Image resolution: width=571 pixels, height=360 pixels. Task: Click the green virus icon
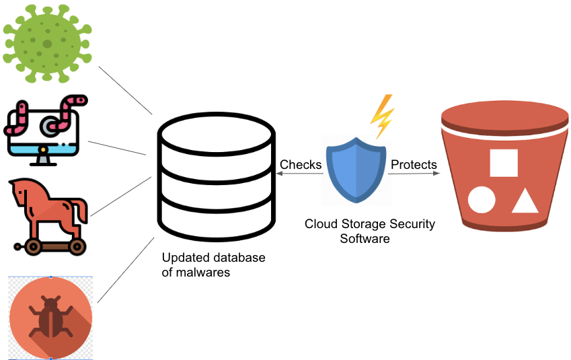pos(47,43)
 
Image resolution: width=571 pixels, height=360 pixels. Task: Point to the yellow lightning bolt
pos(382,115)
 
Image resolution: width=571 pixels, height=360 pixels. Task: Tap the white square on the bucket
pos(503,163)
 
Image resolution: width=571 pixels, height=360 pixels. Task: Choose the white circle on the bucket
pos(482,201)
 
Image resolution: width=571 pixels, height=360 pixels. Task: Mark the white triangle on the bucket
pos(525,202)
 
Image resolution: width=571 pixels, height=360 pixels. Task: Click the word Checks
pos(300,165)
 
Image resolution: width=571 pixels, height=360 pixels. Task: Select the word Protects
pos(414,165)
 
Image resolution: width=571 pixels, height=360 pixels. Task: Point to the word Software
pos(365,238)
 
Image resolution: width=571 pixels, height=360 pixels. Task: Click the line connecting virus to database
pos(126,90)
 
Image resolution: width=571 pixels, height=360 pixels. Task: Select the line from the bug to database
pos(128,269)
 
